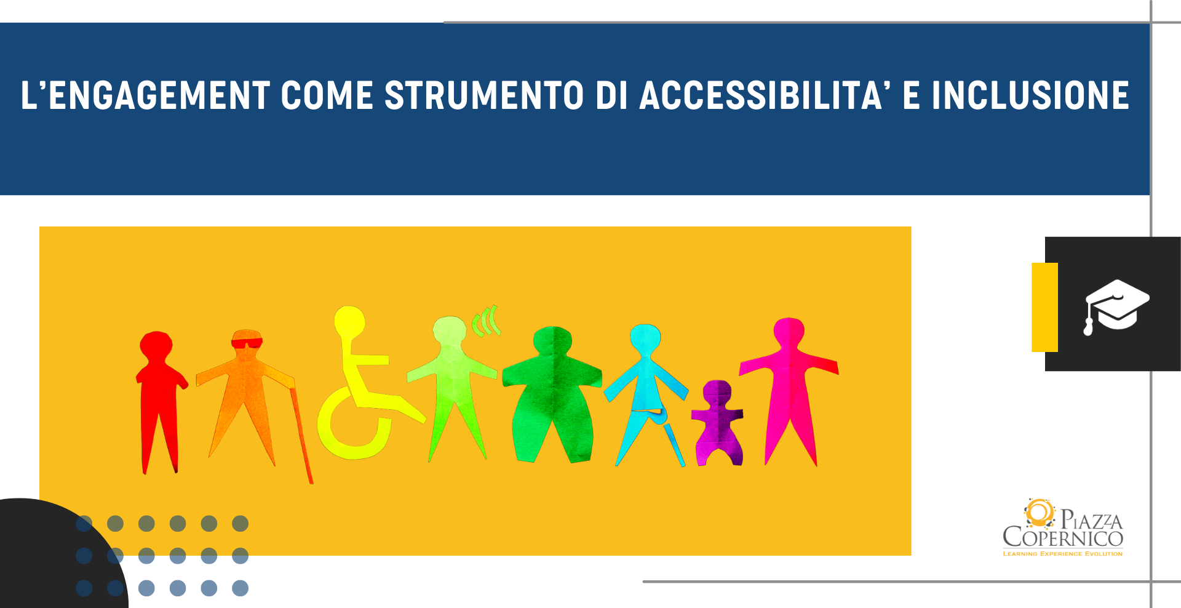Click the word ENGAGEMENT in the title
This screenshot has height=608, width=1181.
[x=159, y=96]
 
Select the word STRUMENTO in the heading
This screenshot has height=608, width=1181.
[x=484, y=96]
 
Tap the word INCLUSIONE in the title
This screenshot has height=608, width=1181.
[x=1030, y=96]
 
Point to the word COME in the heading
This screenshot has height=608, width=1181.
[x=327, y=96]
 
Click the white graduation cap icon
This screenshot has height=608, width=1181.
[x=1116, y=306]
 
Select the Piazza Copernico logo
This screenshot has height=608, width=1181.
[x=1063, y=527]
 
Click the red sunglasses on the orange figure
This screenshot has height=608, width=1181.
[x=247, y=343]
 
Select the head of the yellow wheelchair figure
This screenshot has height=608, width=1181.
[x=349, y=322]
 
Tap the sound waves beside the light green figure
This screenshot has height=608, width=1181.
[x=486, y=321]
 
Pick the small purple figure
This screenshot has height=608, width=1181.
[x=718, y=423]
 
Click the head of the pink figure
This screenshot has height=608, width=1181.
[x=789, y=334]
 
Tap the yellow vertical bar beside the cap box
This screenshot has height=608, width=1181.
[x=1044, y=307]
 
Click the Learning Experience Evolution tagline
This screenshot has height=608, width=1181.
[x=1063, y=554]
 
